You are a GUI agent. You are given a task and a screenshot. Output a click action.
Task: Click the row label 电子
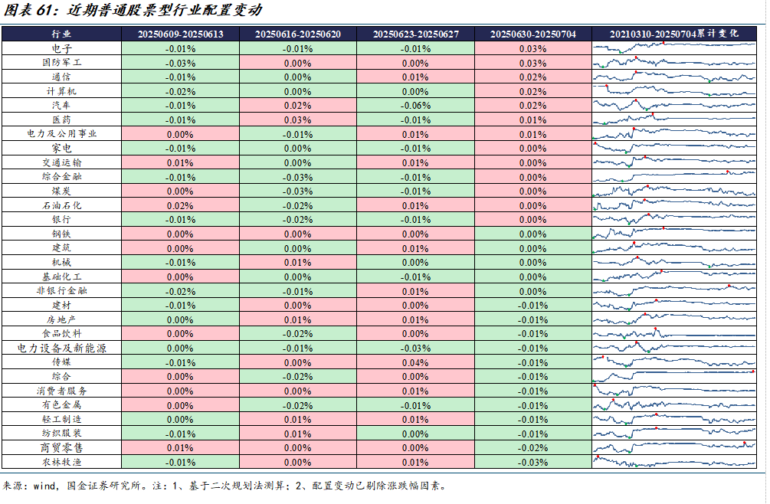coord(61,48)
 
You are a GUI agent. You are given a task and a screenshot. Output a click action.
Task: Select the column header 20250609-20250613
coord(180,34)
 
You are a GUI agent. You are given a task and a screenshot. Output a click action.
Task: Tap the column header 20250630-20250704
coord(532,34)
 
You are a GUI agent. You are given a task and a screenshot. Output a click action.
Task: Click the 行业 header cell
coord(61,34)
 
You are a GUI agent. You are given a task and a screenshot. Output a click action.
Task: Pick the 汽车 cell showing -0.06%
coord(414,105)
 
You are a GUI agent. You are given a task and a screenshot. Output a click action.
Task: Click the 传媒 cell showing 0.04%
coord(414,362)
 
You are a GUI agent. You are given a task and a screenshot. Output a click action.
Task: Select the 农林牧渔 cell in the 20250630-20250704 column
coord(532,462)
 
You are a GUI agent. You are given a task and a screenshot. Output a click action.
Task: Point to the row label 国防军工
coord(61,63)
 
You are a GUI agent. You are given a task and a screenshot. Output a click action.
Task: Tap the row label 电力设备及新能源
coord(61,348)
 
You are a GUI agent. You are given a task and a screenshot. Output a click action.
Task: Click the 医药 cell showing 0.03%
coord(297,119)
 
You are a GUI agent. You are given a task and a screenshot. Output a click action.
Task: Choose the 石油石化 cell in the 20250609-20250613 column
coord(180,205)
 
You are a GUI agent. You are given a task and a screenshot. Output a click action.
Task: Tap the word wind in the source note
coord(44,486)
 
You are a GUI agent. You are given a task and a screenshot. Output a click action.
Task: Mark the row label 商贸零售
coord(61,447)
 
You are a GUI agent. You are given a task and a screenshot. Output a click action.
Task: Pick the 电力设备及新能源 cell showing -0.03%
coord(414,348)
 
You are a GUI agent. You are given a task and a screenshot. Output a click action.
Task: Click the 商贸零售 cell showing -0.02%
coord(532,447)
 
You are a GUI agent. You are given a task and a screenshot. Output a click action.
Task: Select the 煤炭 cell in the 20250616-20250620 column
coord(297,191)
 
